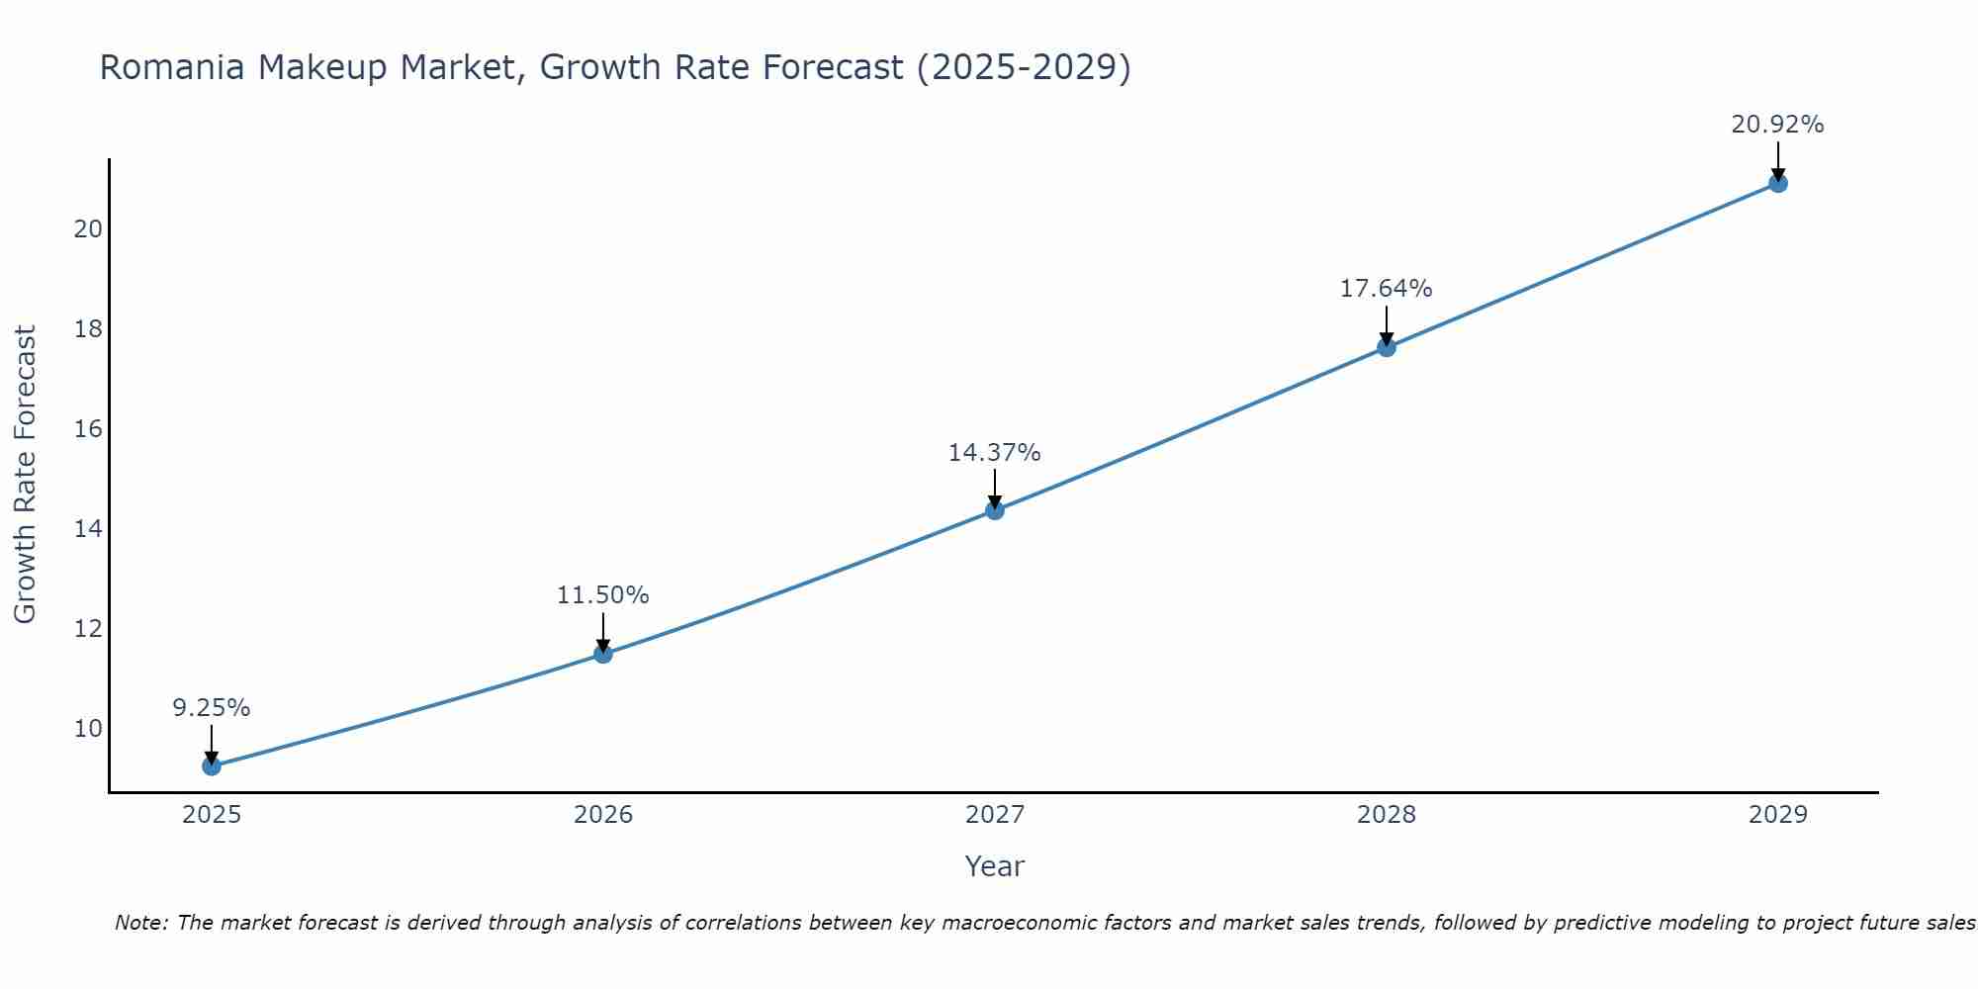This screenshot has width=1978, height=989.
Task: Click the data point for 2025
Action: [212, 765]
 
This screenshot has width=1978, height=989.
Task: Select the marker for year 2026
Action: [603, 654]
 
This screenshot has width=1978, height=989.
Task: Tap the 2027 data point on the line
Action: [995, 510]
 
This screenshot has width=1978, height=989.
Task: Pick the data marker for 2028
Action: [1387, 347]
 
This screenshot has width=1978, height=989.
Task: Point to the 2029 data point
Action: [1778, 183]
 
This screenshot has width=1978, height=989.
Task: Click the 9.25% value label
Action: [212, 708]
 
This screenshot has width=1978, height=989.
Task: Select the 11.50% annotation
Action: [603, 595]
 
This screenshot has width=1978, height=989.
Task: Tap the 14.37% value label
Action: [995, 453]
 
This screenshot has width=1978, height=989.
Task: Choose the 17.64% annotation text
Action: [1387, 289]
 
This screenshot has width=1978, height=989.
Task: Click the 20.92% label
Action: [1778, 125]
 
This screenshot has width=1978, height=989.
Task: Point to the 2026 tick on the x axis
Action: [603, 815]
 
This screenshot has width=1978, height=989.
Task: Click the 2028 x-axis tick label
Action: [1387, 815]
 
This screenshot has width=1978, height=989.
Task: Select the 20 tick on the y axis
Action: [88, 229]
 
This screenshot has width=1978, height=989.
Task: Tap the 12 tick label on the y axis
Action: [88, 629]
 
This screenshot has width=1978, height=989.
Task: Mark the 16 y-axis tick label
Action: [88, 429]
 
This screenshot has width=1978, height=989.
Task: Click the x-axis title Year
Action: [995, 866]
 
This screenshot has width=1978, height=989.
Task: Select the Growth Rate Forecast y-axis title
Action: [25, 475]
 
